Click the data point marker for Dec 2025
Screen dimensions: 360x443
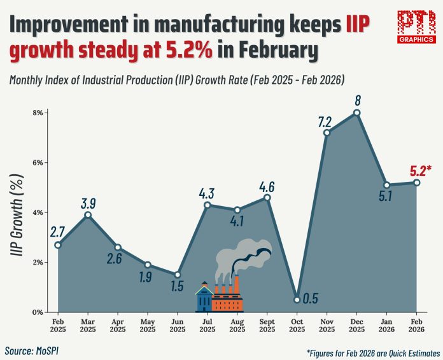[x=356, y=113]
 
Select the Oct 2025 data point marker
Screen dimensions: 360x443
[x=297, y=300]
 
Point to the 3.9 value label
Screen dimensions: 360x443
[x=88, y=204]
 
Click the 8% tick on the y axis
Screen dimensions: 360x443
[x=38, y=113]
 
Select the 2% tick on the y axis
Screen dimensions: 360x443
[x=38, y=262]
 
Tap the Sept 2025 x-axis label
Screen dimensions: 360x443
[x=267, y=324]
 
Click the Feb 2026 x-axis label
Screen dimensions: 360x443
[x=416, y=324]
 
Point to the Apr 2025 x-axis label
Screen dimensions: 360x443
[x=118, y=324]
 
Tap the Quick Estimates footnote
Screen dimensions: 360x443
[x=372, y=352]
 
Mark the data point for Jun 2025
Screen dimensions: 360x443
[x=178, y=275]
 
